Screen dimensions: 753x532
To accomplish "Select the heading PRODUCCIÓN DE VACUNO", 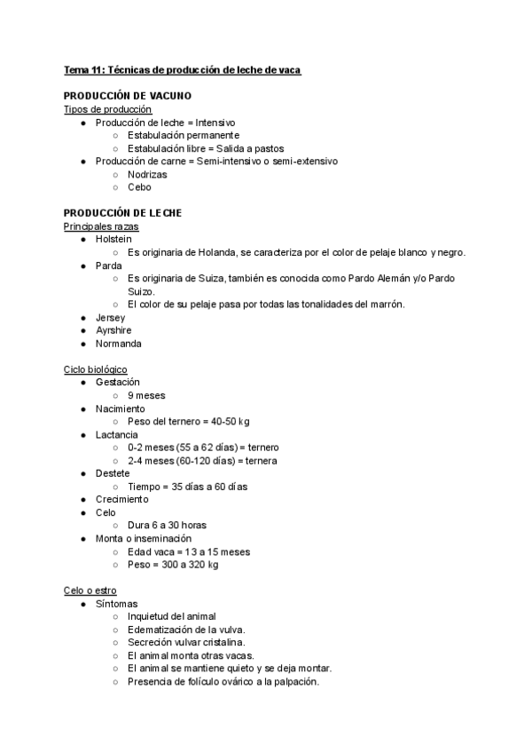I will coord(128,96).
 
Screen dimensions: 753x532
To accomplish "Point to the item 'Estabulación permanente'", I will coord(184,135).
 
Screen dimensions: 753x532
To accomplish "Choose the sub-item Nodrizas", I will coord(147,174).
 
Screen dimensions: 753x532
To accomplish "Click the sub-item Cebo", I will coord(139,187).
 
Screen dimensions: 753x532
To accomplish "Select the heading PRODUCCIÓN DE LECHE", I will coord(122,213).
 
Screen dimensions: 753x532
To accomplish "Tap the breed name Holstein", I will coord(113,239).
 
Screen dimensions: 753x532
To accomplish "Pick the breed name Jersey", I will coord(110,317).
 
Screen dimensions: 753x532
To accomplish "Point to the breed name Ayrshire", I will coord(113,330).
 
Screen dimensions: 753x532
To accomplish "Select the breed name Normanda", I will coord(118,344).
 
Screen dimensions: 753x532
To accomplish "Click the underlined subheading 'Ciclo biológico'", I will coord(96,369).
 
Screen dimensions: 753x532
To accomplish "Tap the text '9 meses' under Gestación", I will coord(146,395).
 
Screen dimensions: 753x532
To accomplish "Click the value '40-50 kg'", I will coord(225,421).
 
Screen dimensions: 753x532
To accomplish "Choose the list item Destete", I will coord(113,473).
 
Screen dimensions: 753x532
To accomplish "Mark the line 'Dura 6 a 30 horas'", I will coord(167,526).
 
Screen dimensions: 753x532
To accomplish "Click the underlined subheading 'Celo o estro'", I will coord(90,591).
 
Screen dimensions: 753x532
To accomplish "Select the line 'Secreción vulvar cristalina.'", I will coord(186,642).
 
